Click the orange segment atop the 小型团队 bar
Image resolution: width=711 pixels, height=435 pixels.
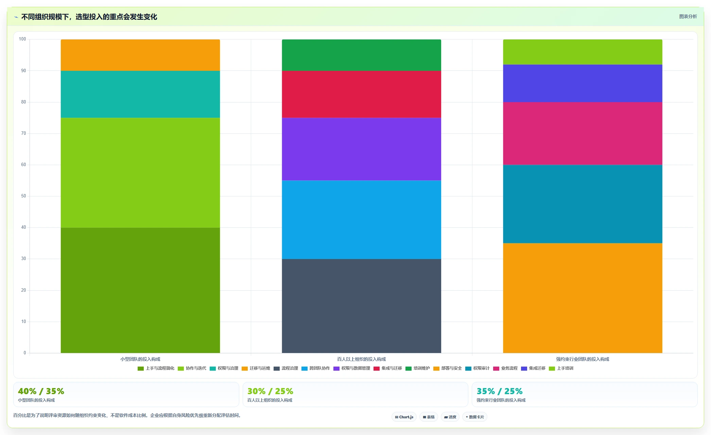pyautogui.click(x=140, y=55)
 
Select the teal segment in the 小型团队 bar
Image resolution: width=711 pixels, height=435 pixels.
pyautogui.click(x=140, y=94)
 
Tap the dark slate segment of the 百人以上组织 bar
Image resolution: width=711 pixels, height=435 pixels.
pyautogui.click(x=361, y=306)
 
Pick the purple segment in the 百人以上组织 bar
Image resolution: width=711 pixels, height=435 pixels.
pyautogui.click(x=361, y=149)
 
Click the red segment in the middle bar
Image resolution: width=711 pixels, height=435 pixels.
pyautogui.click(x=361, y=94)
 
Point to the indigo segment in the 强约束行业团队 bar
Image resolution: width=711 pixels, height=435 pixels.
pyautogui.click(x=583, y=83)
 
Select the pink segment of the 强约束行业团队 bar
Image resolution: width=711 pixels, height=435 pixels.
pyautogui.click(x=583, y=133)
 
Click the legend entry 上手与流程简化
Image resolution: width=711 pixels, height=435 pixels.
pyautogui.click(x=156, y=368)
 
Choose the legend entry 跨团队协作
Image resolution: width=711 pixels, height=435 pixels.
pyautogui.click(x=316, y=368)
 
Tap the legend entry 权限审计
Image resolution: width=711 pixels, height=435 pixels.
pyautogui.click(x=478, y=368)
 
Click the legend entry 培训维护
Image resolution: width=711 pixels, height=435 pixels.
pyautogui.click(x=418, y=368)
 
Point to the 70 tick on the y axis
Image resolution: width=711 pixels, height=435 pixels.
pyautogui.click(x=23, y=133)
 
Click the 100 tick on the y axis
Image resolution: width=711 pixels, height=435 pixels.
pyautogui.click(x=22, y=39)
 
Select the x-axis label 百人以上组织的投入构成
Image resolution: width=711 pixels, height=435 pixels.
pyautogui.click(x=361, y=359)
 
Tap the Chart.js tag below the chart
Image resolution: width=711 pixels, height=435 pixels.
pyautogui.click(x=404, y=417)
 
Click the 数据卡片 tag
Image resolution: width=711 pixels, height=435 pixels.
pyautogui.click(x=475, y=417)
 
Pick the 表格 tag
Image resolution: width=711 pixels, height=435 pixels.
pyautogui.click(x=429, y=417)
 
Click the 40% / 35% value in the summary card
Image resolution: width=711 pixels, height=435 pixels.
pyautogui.click(x=41, y=391)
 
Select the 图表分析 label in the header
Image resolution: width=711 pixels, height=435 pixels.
pyautogui.click(x=688, y=17)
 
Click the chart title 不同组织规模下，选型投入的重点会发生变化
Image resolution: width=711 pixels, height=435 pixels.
pyautogui.click(x=89, y=17)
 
